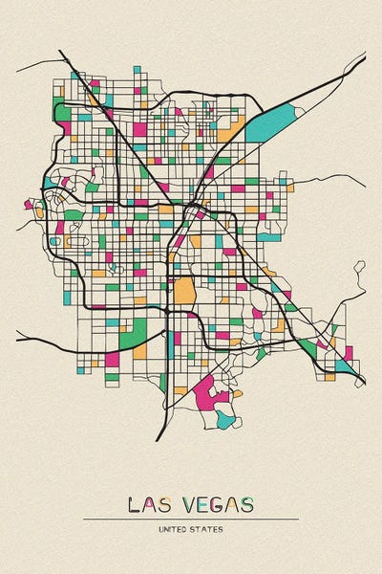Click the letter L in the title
[x=133, y=505]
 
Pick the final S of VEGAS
[x=248, y=505]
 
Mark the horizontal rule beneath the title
[x=191, y=519]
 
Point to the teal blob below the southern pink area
[x=224, y=418]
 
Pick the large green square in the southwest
[x=135, y=333]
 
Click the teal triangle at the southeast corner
[x=343, y=365]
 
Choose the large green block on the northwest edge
[x=63, y=112]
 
